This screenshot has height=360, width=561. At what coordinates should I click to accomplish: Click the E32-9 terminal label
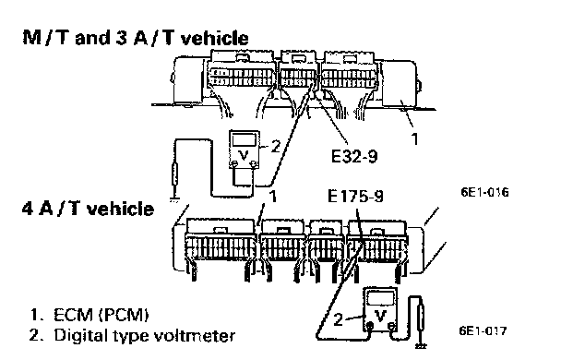point(354,156)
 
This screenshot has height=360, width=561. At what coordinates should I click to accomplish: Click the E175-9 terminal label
point(355,196)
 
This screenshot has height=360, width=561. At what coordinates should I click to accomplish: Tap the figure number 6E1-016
point(484,192)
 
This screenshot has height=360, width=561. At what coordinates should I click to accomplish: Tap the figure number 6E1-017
point(483,330)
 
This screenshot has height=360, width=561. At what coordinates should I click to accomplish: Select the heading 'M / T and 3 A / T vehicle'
point(136,38)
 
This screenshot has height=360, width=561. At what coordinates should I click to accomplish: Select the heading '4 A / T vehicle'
point(88,209)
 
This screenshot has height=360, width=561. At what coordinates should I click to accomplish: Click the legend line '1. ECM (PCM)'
point(90,315)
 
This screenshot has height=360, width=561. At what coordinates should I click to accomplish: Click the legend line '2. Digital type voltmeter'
point(132,336)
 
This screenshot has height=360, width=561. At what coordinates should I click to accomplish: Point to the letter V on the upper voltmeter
point(244,155)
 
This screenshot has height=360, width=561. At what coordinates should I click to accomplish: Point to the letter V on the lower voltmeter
point(381,316)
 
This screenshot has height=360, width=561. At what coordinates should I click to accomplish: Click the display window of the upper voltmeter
point(244,140)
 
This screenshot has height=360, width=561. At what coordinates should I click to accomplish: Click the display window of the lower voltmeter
point(381,298)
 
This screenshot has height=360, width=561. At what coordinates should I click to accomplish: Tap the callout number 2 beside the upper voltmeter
point(276,146)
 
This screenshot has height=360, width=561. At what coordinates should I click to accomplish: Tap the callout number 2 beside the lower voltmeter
point(338,319)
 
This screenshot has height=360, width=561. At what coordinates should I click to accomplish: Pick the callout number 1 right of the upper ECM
point(414,138)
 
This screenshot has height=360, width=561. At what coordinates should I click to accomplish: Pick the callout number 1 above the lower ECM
point(272,197)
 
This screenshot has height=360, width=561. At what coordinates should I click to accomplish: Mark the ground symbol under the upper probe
point(174,198)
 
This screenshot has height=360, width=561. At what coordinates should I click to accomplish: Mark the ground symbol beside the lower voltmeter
point(421,346)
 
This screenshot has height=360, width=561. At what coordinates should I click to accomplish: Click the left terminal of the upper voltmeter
point(234,164)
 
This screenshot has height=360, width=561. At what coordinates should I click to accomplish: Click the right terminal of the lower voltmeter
point(392,326)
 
